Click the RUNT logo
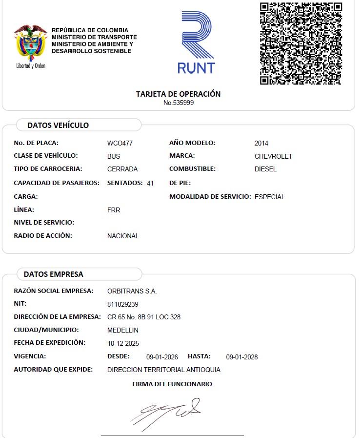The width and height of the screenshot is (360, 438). pyautogui.click(x=196, y=43)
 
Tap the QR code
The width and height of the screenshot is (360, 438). pyautogui.click(x=300, y=43)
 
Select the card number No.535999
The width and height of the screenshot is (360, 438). pyautogui.click(x=179, y=103)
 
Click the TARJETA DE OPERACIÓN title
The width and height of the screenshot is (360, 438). pyautogui.click(x=178, y=94)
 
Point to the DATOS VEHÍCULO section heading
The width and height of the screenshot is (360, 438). pyautogui.click(x=58, y=125)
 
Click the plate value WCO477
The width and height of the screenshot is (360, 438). pyautogui.click(x=120, y=144)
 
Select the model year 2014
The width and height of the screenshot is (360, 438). pyautogui.click(x=261, y=144)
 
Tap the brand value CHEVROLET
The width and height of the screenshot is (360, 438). pyautogui.click(x=273, y=156)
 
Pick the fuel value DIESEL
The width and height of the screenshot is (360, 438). pyautogui.click(x=265, y=169)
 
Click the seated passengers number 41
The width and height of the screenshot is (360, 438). pyautogui.click(x=150, y=183)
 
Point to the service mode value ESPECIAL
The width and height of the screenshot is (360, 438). pyautogui.click(x=270, y=197)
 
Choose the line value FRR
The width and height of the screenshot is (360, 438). pyautogui.click(x=114, y=210)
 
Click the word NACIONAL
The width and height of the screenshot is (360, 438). pyautogui.click(x=123, y=236)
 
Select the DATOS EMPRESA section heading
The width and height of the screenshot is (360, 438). pyautogui.click(x=54, y=274)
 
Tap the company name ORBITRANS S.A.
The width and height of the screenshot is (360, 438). pyautogui.click(x=132, y=291)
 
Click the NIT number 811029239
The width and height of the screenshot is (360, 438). pyautogui.click(x=123, y=304)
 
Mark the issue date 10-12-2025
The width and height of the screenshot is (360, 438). pyautogui.click(x=123, y=343)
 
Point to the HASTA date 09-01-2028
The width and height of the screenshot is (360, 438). pyautogui.click(x=242, y=357)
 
